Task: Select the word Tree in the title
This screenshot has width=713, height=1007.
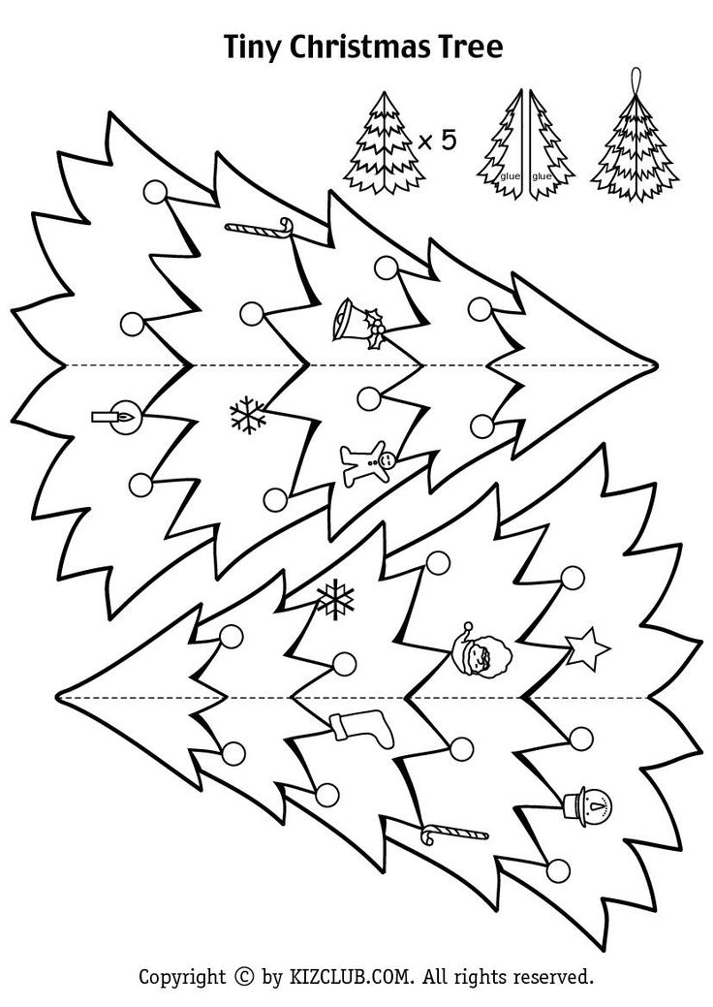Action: point(471,47)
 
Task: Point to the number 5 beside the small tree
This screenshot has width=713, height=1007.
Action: point(448,140)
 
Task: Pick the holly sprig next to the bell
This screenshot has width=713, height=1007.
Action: point(374,330)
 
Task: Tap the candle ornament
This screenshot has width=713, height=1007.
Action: point(116,417)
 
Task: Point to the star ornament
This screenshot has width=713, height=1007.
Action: point(587,649)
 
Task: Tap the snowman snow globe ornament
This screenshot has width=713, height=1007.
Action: point(586,802)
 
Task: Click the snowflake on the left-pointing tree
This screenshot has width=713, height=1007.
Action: point(335,598)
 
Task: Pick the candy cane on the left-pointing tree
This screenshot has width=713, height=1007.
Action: point(453,834)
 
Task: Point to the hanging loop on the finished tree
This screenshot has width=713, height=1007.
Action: point(636,79)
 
